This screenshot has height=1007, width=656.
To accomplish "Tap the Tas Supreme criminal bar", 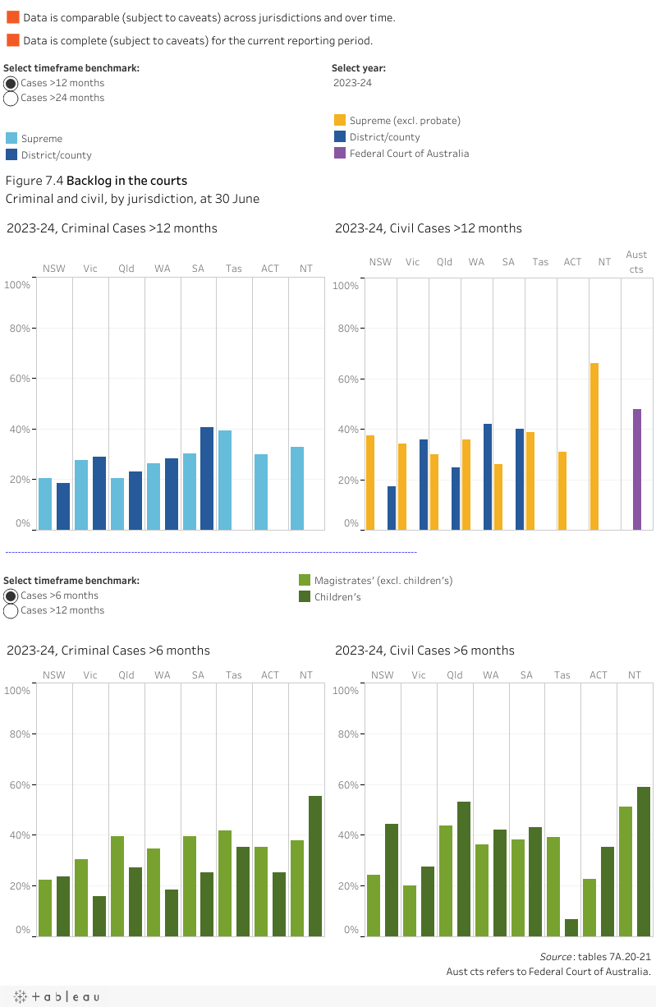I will (x=225, y=480).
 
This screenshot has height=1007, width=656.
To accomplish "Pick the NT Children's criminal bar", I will (x=315, y=866).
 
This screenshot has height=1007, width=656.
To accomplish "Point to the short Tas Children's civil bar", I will (x=571, y=927).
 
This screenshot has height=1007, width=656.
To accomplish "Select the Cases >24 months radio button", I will (x=11, y=99).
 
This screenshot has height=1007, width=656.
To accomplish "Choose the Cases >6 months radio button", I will (x=11, y=596).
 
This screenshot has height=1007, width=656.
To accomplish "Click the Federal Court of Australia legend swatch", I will (x=340, y=154).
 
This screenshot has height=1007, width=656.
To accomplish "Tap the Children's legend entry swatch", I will (x=305, y=597).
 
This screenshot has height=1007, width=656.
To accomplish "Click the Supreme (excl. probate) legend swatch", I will (x=340, y=121).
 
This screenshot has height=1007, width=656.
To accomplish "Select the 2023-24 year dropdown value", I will (x=352, y=83).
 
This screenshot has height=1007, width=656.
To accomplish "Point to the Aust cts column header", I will (x=636, y=262).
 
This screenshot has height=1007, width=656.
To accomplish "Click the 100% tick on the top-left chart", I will (x=18, y=285).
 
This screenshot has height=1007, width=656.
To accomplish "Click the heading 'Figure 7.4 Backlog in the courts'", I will (x=96, y=181).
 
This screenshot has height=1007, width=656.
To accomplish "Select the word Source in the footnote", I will (x=555, y=957).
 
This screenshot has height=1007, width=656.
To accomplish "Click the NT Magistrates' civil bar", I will (x=626, y=871).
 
